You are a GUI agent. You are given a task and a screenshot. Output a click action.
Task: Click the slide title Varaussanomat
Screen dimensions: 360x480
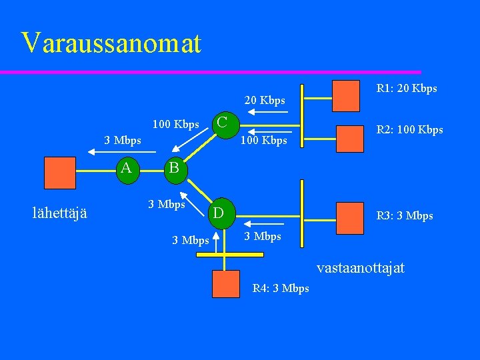pos(111,43)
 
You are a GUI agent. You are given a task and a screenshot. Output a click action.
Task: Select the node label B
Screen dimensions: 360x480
pos(174,168)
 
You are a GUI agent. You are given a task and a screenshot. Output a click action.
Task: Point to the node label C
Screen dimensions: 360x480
pos(223,122)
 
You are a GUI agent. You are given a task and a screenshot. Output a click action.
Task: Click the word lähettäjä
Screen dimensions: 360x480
pos(65,213)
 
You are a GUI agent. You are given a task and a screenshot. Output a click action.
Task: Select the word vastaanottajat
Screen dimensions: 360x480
pos(360,268)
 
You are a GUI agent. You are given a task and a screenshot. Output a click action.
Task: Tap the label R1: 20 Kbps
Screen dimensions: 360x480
pos(407,89)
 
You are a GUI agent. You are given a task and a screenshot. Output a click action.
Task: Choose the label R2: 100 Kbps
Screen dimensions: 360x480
pos(409,130)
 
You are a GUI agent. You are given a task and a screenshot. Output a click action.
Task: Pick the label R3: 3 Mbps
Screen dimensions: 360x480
pos(405,216)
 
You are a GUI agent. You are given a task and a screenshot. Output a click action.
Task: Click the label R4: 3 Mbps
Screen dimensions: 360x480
pos(281,289)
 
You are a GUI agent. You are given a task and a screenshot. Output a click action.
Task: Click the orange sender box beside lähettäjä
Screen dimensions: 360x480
pos(59,173)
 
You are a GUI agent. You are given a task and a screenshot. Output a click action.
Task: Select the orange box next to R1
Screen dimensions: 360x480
pos(346,95)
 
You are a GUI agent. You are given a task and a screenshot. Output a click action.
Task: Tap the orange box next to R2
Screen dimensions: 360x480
pos(350,139)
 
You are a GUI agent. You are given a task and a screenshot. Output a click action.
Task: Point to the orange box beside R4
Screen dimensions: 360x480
pos(225,283)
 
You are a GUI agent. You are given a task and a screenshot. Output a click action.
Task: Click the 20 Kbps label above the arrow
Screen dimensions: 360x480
pos(265,101)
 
